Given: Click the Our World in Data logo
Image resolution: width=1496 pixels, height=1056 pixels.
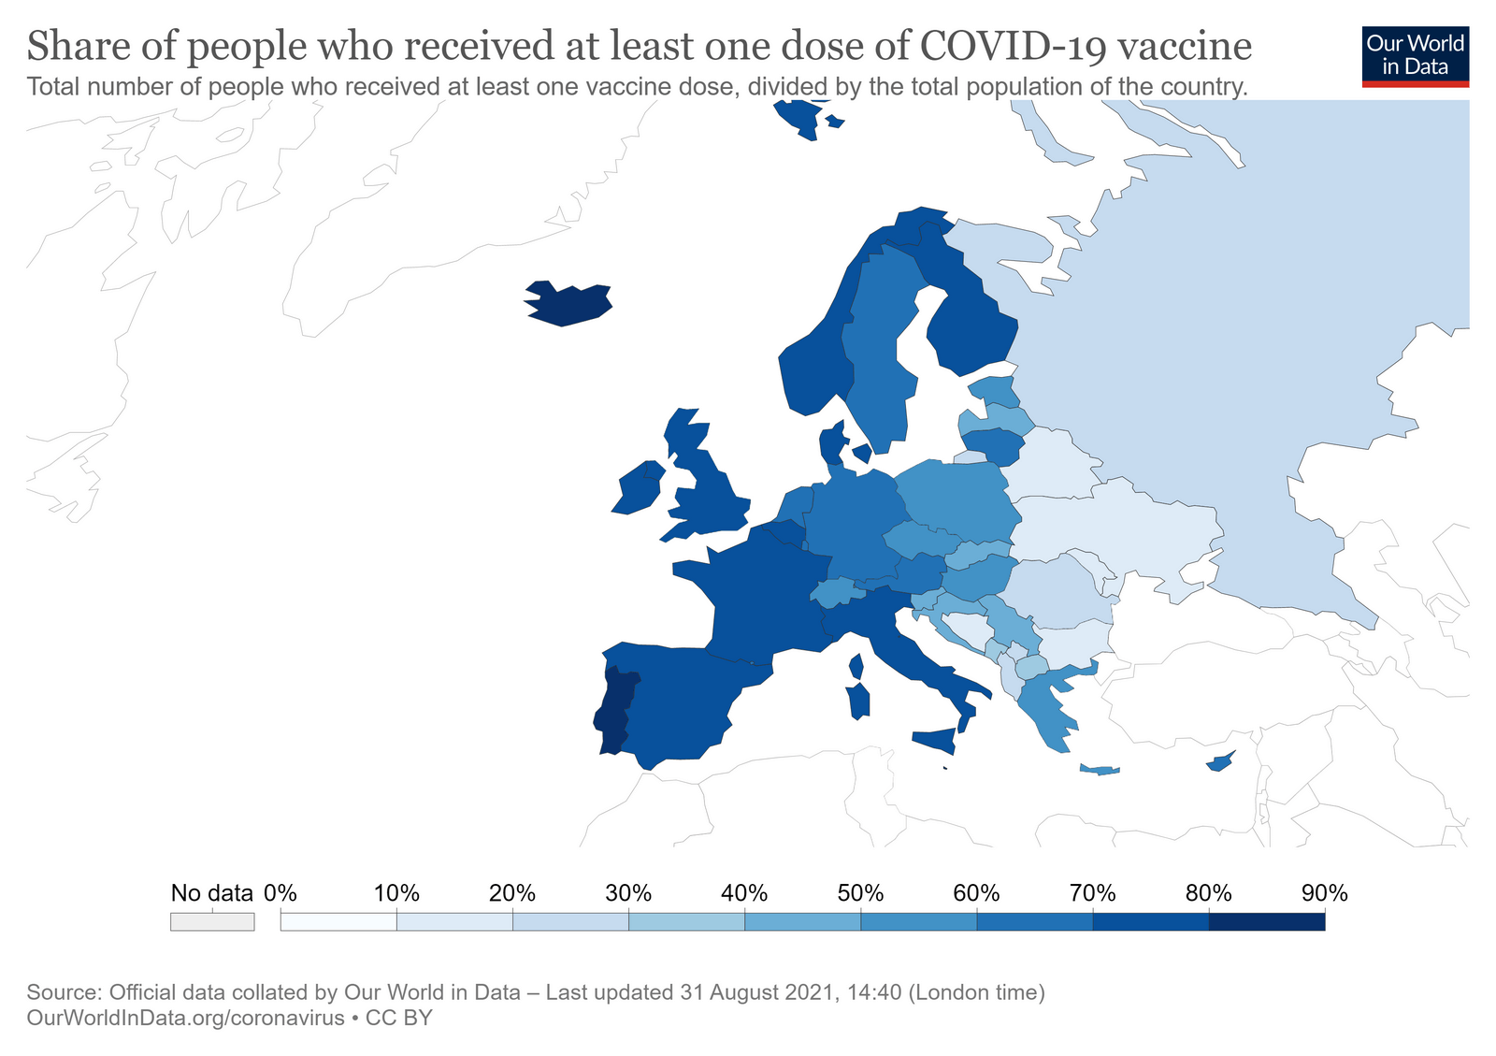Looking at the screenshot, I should (x=1415, y=56).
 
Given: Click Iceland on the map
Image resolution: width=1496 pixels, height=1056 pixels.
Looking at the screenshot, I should (x=568, y=303).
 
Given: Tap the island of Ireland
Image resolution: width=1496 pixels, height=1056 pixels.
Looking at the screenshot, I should (x=639, y=487).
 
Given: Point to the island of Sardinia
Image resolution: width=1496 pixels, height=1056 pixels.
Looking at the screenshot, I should (x=857, y=702).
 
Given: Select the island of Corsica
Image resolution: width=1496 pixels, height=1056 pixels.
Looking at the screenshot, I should (x=856, y=667).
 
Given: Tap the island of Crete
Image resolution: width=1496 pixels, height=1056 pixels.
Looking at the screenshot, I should (x=1100, y=770).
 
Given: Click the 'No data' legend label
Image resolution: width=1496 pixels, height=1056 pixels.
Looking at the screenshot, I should (x=211, y=893).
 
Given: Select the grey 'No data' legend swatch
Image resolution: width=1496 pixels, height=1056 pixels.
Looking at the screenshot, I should (x=211, y=922).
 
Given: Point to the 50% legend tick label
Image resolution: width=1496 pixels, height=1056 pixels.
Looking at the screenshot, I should (x=860, y=893).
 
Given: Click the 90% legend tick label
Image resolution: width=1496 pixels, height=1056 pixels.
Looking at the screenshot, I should (x=1324, y=893).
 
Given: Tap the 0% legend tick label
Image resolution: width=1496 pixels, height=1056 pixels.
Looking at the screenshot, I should (x=280, y=893).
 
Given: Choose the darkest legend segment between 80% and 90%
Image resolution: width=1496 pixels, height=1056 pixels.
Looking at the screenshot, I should (x=1266, y=922).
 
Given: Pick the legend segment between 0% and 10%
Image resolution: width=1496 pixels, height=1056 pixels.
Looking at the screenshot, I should (x=338, y=922).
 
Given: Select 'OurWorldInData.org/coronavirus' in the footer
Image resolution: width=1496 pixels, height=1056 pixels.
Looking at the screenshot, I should (x=186, y=1018).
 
